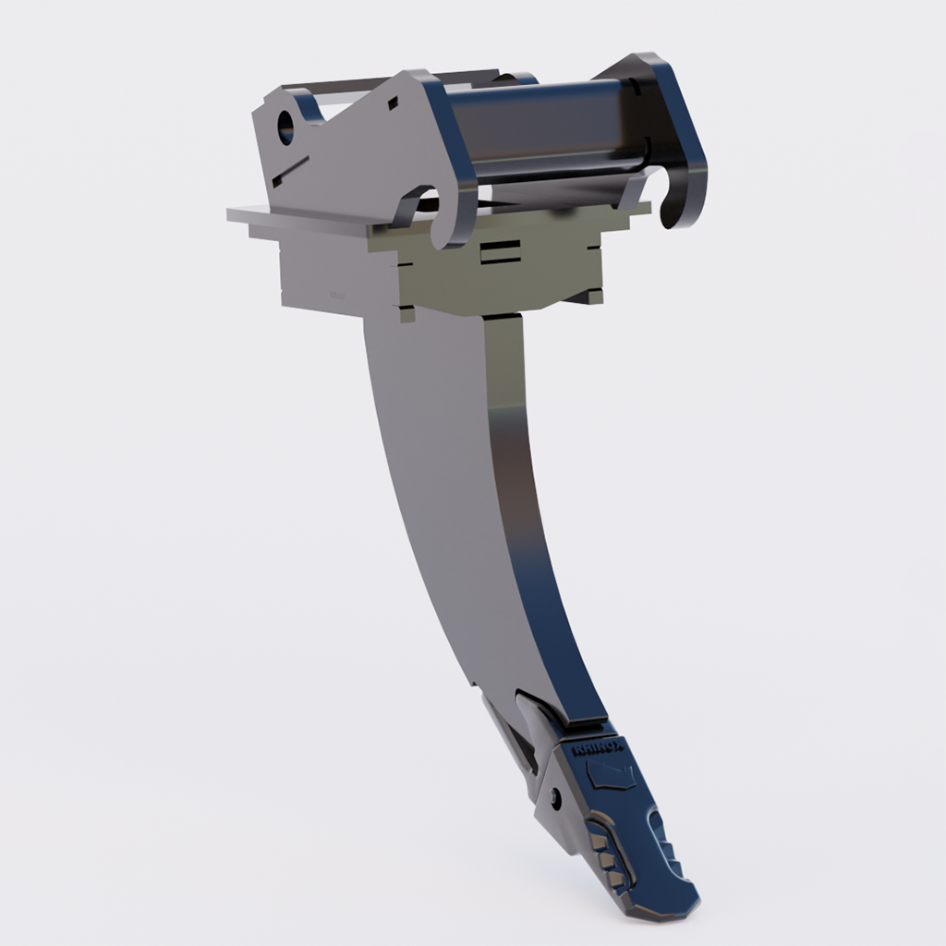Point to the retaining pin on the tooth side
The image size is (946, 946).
coord(552,796)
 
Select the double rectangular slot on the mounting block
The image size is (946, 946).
coord(500,252)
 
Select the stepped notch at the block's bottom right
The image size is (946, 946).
coord(582,297)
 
